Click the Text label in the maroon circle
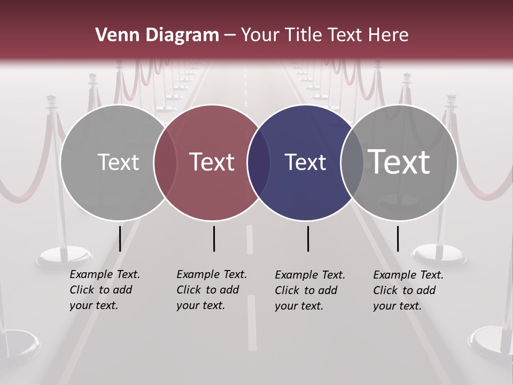(x=212, y=162)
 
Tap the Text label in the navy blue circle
(x=305, y=162)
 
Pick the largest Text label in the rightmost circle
(x=399, y=161)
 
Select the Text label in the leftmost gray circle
(x=118, y=162)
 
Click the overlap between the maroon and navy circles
(x=259, y=163)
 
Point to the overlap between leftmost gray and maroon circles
(x=165, y=163)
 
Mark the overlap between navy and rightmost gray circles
(x=352, y=163)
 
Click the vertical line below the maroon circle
(x=214, y=238)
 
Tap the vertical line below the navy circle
(x=308, y=238)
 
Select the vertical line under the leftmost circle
(x=120, y=238)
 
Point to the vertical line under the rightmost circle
(x=398, y=238)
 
